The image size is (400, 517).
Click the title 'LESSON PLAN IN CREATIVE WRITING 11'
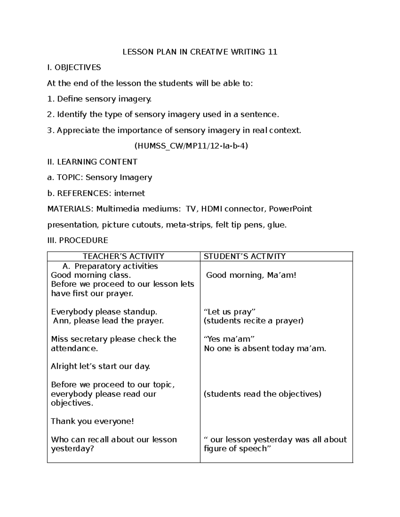click(x=200, y=52)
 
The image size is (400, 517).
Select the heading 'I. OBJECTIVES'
click(x=74, y=68)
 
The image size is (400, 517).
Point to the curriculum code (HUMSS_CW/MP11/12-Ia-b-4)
click(x=191, y=146)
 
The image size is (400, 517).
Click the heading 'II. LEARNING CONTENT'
click(x=92, y=162)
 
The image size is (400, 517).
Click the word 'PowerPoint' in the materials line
click(x=290, y=209)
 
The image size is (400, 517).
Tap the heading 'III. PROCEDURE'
click(x=78, y=240)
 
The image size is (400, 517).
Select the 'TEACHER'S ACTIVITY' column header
click(x=123, y=256)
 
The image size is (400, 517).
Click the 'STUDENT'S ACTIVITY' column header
click(x=245, y=256)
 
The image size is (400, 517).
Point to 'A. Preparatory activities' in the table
click(x=110, y=266)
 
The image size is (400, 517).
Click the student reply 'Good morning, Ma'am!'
click(x=251, y=275)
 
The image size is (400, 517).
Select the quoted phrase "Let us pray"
click(x=229, y=312)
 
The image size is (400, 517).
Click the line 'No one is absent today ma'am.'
click(x=265, y=348)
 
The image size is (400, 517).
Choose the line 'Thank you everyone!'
click(x=92, y=421)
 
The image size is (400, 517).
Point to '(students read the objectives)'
click(x=262, y=394)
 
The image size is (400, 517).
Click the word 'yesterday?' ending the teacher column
click(x=72, y=448)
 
